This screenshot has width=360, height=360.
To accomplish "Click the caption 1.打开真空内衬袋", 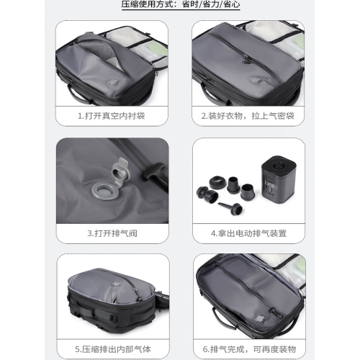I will click(112, 114).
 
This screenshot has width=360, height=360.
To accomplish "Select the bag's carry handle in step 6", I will click(214, 328).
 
